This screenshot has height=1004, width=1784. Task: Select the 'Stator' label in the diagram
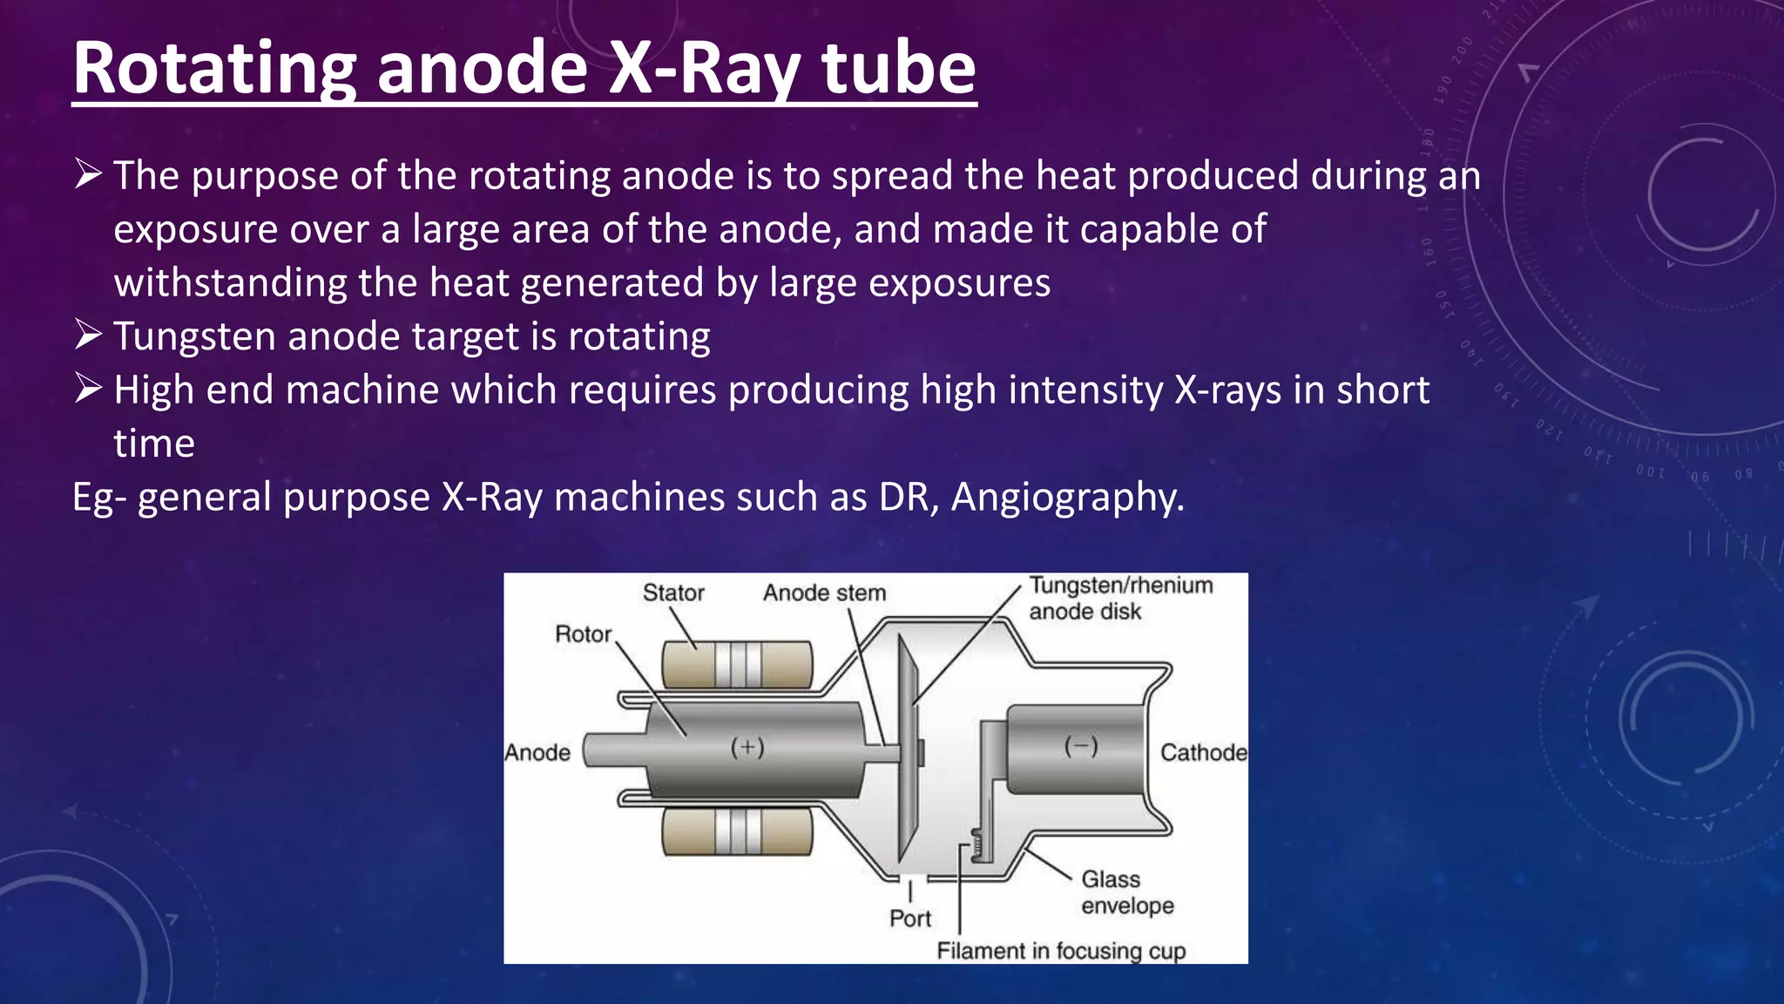click(x=673, y=593)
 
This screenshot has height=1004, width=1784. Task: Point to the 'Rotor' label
click(x=583, y=634)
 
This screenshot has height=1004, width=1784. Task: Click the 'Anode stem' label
click(x=824, y=593)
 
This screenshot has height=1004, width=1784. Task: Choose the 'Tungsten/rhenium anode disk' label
click(x=1119, y=598)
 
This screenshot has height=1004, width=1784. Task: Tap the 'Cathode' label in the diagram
click(x=1203, y=752)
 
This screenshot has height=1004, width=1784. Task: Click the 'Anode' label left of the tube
click(x=537, y=752)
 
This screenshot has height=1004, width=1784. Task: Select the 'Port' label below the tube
click(x=909, y=918)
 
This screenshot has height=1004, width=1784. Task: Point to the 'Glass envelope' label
click(x=1126, y=892)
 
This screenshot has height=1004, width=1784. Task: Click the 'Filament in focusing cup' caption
click(x=1061, y=950)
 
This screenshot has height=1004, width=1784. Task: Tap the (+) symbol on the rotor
click(x=747, y=747)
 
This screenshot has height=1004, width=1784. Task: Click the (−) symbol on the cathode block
click(x=1081, y=746)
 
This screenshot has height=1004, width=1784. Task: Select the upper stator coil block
click(x=737, y=665)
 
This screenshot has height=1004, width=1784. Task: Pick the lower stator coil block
click(x=737, y=831)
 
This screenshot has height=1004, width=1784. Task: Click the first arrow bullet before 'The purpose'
click(x=89, y=173)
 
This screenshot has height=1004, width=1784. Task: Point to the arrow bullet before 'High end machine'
click(x=89, y=388)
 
